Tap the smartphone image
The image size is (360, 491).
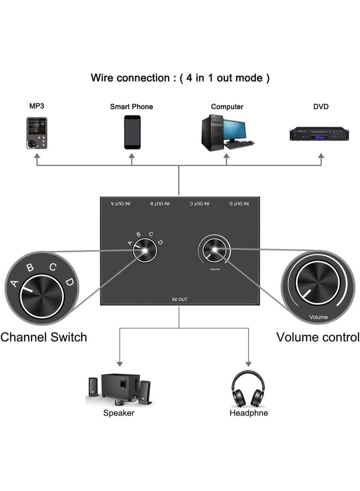[132, 132]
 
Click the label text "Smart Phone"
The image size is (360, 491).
[131, 107]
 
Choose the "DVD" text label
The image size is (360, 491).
[321, 107]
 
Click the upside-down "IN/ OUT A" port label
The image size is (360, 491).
[121, 204]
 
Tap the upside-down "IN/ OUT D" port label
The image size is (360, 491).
[239, 204]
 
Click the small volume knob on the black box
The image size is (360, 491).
[214, 250]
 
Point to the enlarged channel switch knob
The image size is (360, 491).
[41, 297]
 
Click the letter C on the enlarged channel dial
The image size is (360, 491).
[53, 267]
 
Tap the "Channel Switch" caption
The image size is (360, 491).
[44, 337]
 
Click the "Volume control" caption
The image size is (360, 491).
[318, 337]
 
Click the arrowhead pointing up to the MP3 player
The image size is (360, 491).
[37, 156]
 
